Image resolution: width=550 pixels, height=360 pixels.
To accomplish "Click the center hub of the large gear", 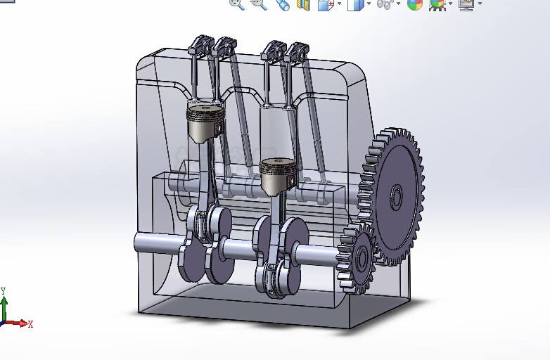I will [x=395, y=198].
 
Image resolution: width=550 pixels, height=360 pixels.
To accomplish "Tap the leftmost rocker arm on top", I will [x=200, y=46].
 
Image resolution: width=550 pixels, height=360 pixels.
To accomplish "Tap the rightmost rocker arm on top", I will [x=295, y=52].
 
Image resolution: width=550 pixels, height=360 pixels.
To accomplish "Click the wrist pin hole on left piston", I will [x=219, y=129].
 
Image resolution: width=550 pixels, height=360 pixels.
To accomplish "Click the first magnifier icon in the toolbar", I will [x=237, y=4].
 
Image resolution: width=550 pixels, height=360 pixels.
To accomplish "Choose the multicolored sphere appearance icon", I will [x=415, y=4].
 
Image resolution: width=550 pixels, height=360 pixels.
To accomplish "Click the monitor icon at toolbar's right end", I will [x=466, y=4].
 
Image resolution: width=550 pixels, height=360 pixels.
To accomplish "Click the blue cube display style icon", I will [x=356, y=5].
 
